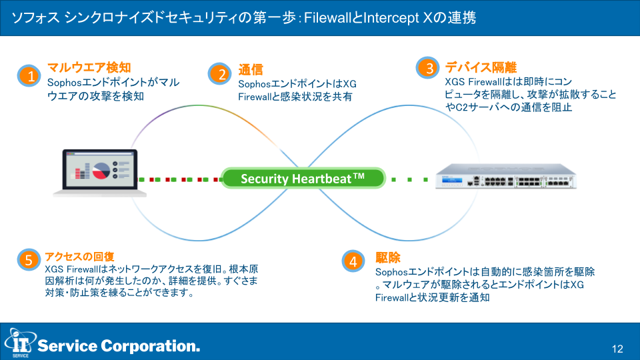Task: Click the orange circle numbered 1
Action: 29,75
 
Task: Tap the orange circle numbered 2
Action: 219,74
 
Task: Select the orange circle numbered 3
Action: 428,67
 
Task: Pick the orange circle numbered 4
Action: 353,261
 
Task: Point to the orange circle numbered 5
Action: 29,259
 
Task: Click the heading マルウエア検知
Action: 89,67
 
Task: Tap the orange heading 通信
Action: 251,70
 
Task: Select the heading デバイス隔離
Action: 481,67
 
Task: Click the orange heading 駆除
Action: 388,257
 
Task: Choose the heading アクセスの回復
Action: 79,257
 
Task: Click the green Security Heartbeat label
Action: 303,179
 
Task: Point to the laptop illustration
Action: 99,173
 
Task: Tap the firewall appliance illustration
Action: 506,176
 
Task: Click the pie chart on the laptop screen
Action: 101,171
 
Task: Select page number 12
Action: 617,349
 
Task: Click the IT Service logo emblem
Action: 19,343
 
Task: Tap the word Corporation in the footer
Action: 150,346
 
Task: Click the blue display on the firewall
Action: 452,180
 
